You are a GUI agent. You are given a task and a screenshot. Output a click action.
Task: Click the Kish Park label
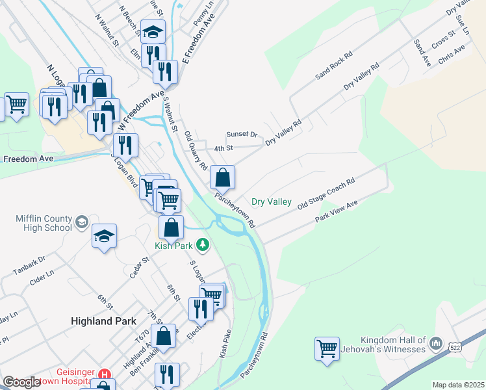click(x=173, y=245)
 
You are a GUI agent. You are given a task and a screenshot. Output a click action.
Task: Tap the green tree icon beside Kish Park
click(x=204, y=244)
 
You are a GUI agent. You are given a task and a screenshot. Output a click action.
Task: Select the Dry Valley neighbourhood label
click(x=272, y=202)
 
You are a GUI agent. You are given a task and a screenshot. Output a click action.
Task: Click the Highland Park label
click(x=103, y=320)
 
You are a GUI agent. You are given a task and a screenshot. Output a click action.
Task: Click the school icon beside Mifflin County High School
click(x=81, y=223)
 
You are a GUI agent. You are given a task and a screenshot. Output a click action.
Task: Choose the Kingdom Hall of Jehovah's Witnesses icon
click(x=435, y=342)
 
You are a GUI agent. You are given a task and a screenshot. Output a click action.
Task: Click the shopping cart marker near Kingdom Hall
click(x=327, y=347)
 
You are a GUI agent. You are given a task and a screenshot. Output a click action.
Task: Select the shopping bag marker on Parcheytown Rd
click(x=222, y=177)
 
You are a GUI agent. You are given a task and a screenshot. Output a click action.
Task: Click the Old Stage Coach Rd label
click(x=326, y=194)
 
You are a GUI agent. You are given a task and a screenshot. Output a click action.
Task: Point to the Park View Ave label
click(x=337, y=213)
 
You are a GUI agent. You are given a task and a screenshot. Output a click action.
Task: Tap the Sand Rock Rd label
click(x=333, y=66)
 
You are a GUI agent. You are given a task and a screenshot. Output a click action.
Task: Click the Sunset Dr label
click(x=242, y=135)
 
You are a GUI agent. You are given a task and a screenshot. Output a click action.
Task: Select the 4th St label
click(x=224, y=148)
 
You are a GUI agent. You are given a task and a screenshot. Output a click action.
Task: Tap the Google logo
click(x=21, y=382)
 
